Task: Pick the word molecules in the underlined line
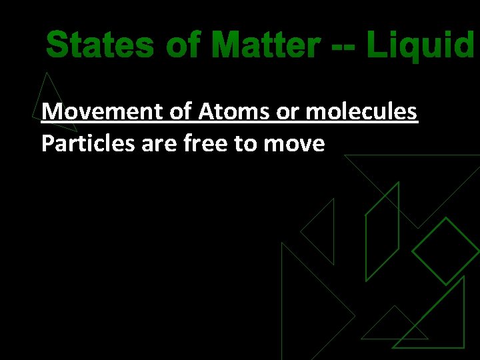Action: (x=361, y=111)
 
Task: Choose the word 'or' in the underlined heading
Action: (x=287, y=111)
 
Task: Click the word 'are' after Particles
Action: (x=157, y=143)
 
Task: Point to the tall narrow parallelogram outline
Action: (x=382, y=230)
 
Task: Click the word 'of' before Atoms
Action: (x=181, y=111)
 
